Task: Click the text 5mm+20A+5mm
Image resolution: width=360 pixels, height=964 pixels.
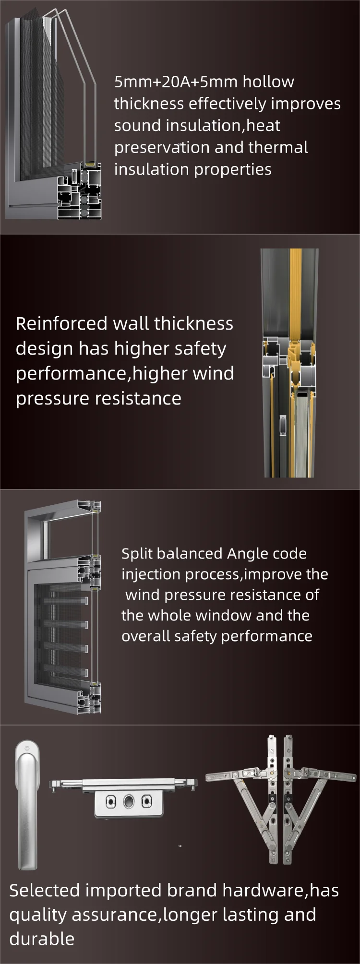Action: coord(176,82)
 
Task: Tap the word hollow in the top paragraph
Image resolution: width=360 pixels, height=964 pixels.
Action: coord(268,82)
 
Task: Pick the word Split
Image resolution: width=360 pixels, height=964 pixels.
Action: coord(137,554)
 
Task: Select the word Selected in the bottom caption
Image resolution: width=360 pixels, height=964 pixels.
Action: coord(45,890)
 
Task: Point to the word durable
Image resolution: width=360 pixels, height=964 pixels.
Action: coord(42,938)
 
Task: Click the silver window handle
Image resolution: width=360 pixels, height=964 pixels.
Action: coord(26,805)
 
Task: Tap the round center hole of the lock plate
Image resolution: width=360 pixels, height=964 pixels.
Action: coord(129,801)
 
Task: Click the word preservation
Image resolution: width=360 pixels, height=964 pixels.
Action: coord(162,148)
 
